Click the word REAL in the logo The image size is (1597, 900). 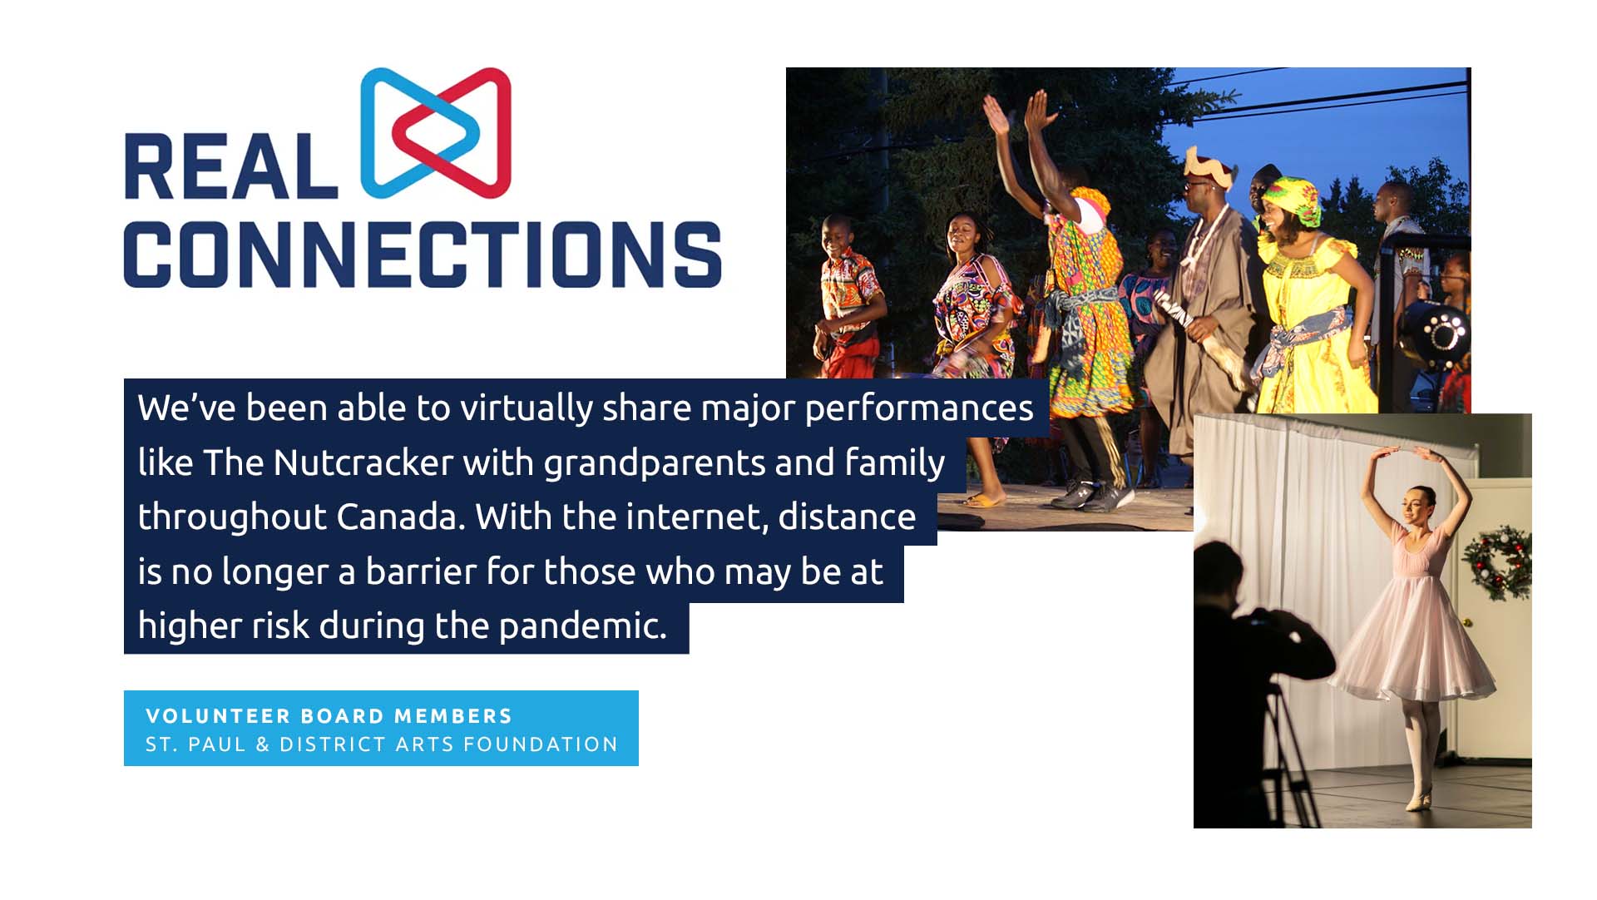pyautogui.click(x=231, y=166)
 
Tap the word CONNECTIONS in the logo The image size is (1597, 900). pyautogui.click(x=423, y=255)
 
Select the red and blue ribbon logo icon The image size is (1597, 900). pyautogui.click(x=435, y=133)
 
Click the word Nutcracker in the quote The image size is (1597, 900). pyautogui.click(x=363, y=463)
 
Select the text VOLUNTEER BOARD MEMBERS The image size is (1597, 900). pyautogui.click(x=329, y=716)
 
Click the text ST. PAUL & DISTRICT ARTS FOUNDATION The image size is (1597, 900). pyautogui.click(x=382, y=744)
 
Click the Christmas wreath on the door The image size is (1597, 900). pyautogui.click(x=1497, y=562)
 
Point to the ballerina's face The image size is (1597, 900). pyautogui.click(x=1417, y=506)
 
